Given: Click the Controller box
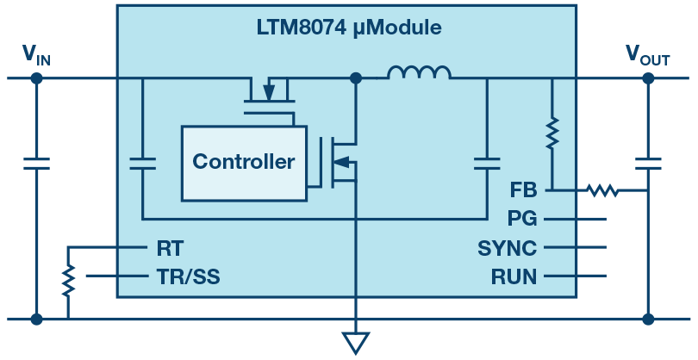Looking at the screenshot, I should [x=243, y=162].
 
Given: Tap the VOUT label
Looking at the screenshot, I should [x=647, y=56].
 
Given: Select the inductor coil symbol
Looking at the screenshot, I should [x=419, y=74].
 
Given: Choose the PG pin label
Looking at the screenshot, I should [x=523, y=220].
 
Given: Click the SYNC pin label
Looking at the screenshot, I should [x=508, y=249].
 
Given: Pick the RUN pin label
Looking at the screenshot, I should [x=514, y=276].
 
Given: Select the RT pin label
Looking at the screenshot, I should [x=170, y=248].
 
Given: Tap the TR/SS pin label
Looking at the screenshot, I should [x=193, y=276].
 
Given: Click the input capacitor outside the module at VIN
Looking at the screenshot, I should [x=36, y=163].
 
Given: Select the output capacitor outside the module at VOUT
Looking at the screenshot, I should [x=647, y=163].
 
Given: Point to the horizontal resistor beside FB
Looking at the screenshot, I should [x=601, y=189].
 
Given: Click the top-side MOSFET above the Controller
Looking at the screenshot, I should [x=269, y=93].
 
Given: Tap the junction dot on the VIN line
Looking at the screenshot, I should [x=36, y=78].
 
